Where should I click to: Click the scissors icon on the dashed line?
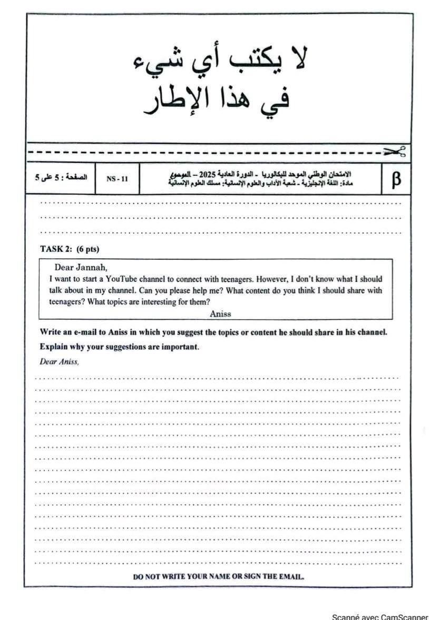click(395, 152)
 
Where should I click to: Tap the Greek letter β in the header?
click(396, 179)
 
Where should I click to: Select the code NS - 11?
click(117, 179)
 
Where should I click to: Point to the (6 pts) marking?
click(88, 249)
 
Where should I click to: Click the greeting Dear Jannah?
click(81, 267)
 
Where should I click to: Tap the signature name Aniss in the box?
click(220, 313)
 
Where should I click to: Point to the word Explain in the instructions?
click(53, 347)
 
